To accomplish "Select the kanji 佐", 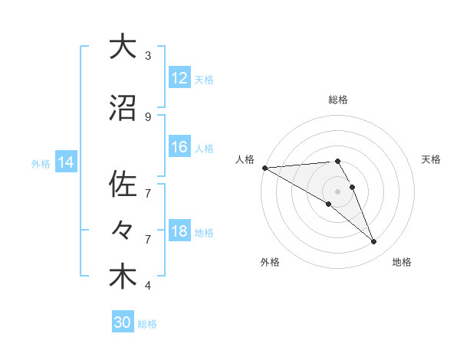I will pos(123,185).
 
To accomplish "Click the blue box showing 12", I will pos(179,78).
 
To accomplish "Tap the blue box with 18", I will pos(179,231).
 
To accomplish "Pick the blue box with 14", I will pos(66,162).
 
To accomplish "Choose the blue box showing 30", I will pos(123,322).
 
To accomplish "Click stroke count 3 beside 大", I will pos(148,56).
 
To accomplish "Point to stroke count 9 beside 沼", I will pos(148,116).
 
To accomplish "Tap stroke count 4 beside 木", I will pos(148,286).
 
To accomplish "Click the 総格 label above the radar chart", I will pos(337,100).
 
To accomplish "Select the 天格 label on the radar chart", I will pos(431,159).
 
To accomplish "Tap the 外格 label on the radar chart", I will pos(270,262).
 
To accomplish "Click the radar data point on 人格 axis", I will pos(264,167).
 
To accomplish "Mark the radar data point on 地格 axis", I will pos(374,242).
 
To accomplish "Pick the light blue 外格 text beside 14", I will pos(41,163).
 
